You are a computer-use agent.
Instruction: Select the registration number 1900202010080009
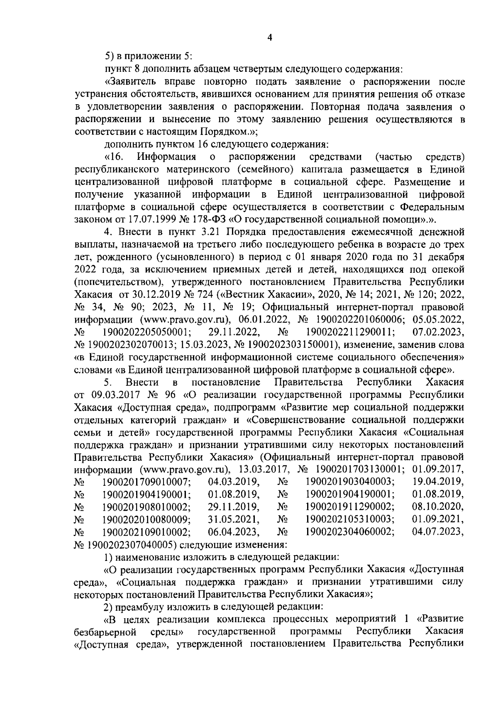[x=146, y=519]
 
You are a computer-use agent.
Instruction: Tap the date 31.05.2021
[x=234, y=519]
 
